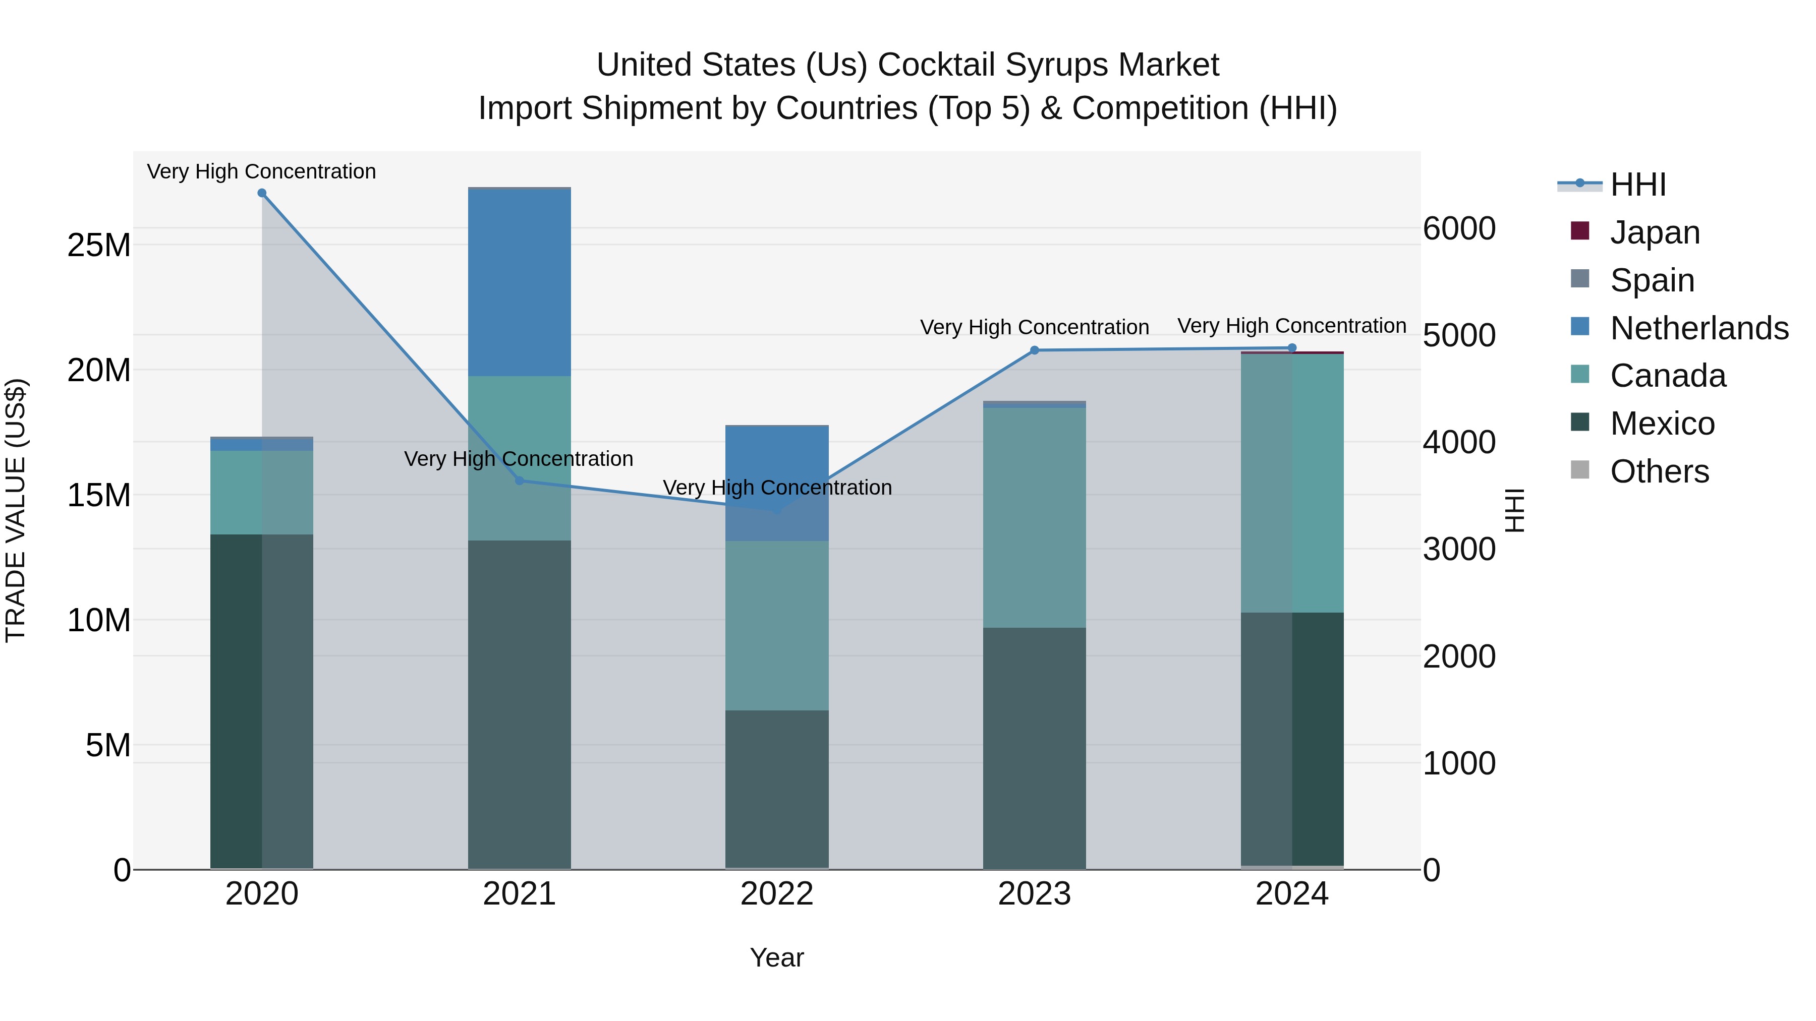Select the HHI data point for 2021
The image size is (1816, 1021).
(x=520, y=481)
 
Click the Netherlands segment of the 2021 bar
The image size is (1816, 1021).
(x=520, y=282)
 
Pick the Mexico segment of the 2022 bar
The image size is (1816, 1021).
(x=777, y=789)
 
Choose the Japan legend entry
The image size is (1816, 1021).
(x=1654, y=232)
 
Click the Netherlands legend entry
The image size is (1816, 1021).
(x=1699, y=328)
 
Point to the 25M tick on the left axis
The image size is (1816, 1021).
(x=99, y=245)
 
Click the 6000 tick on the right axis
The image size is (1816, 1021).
(x=1458, y=228)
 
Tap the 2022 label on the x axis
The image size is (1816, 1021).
(x=777, y=894)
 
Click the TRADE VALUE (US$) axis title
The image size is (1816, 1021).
(x=16, y=510)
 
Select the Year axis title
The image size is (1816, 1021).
(x=777, y=957)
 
